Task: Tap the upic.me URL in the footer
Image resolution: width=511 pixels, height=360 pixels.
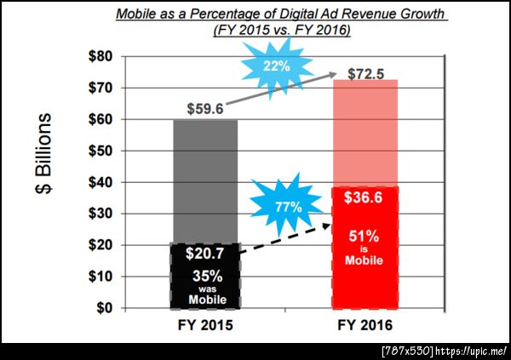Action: [x=472, y=350]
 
